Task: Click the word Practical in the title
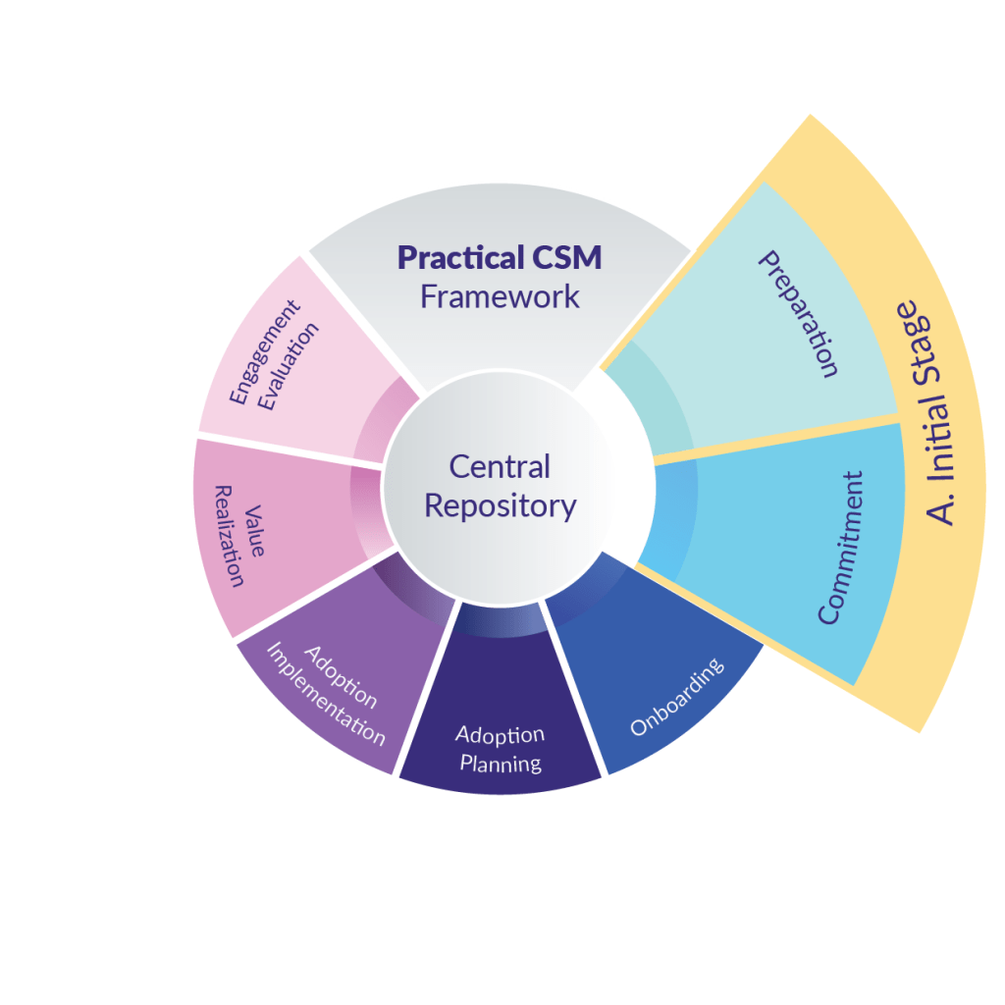click(459, 259)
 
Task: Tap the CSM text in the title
click(567, 258)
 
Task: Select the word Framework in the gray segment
click(500, 296)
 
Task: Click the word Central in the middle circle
click(500, 466)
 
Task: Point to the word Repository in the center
click(500, 506)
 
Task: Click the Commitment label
click(842, 548)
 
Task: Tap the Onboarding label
click(676, 697)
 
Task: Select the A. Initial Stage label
click(926, 412)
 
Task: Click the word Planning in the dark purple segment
click(501, 763)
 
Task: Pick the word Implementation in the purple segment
click(326, 695)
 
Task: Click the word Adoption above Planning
click(500, 735)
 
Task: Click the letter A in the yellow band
click(940, 509)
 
